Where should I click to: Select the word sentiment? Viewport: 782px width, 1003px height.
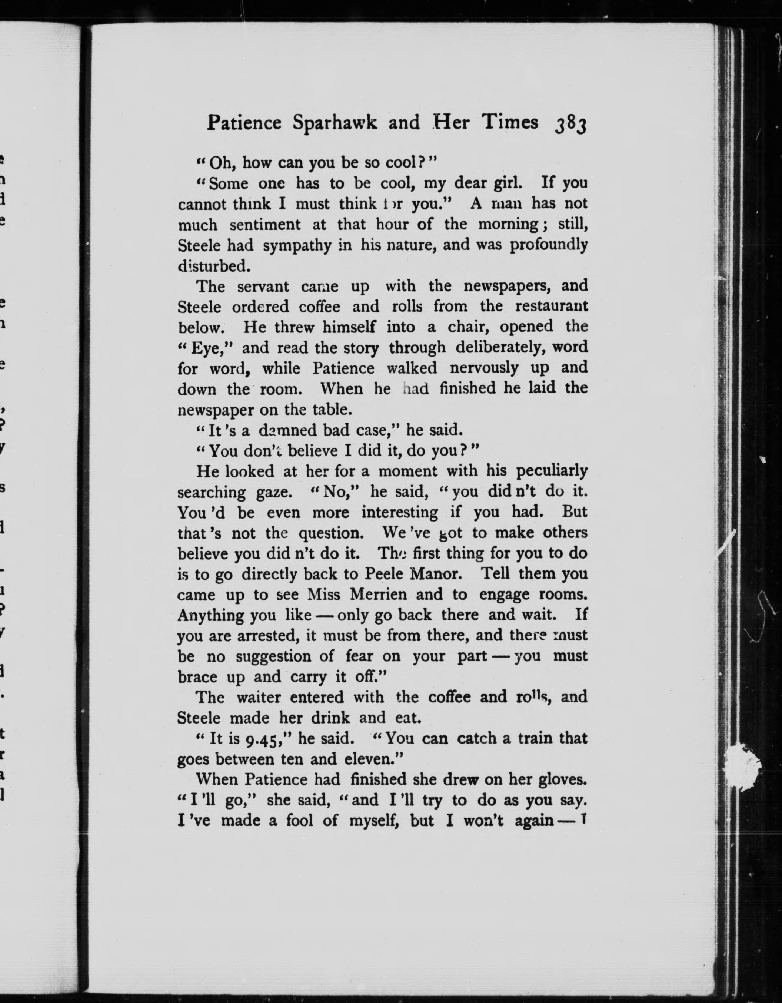(265, 225)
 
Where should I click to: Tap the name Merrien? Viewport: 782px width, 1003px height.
(378, 595)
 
